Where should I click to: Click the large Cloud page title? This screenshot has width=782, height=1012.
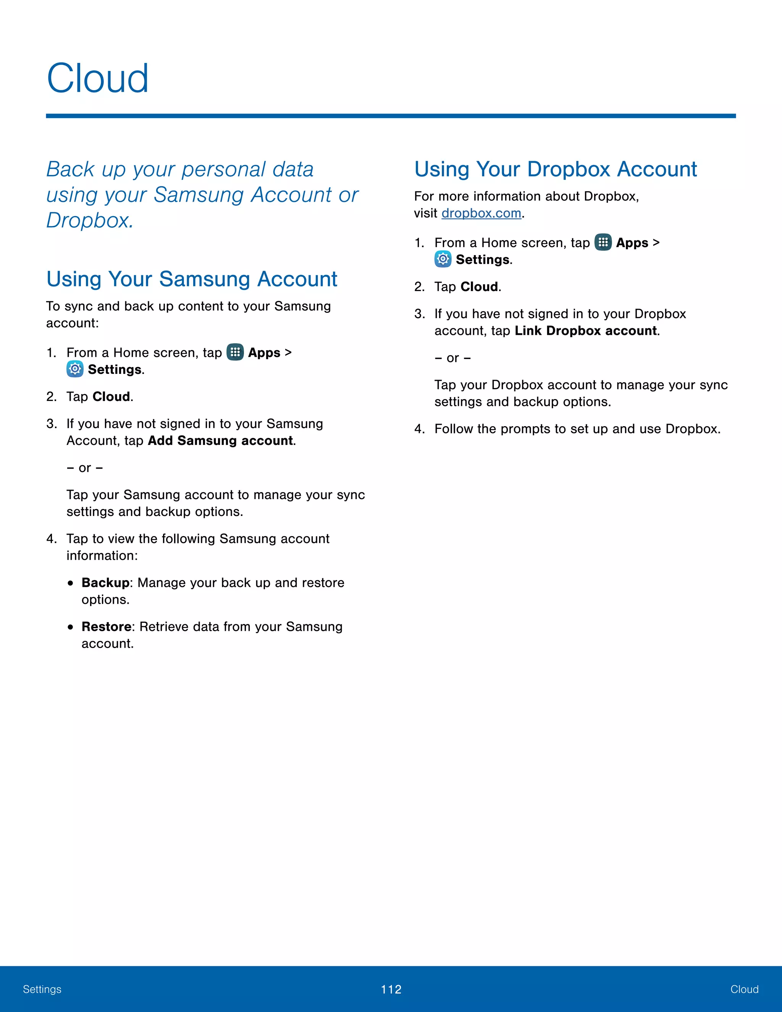[x=98, y=78]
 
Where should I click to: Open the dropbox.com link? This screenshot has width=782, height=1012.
[x=481, y=213]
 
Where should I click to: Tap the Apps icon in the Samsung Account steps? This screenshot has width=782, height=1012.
[x=235, y=352]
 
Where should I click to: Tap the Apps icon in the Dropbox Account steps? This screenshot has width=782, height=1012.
[x=603, y=242]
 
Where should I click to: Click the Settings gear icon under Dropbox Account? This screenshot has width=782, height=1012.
[x=443, y=259]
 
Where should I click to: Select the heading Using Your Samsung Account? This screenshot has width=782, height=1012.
[x=192, y=279]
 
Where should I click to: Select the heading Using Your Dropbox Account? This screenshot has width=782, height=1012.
[x=556, y=169]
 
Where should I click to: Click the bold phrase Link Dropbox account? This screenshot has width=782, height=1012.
[x=586, y=331]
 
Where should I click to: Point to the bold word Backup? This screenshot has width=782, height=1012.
[x=105, y=583]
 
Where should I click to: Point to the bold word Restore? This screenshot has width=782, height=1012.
[x=107, y=627]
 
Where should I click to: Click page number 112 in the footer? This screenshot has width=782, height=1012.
[x=391, y=990]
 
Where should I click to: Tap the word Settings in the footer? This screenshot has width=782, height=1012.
[x=42, y=990]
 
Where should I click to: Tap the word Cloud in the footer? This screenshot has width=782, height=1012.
[x=744, y=990]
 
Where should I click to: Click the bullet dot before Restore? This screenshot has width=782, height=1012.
[x=70, y=627]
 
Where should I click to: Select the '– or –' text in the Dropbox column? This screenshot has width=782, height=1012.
[x=452, y=358]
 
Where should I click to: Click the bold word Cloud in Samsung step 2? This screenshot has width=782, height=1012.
[x=111, y=397]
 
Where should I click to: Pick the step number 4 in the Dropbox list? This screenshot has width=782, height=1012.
[x=419, y=429]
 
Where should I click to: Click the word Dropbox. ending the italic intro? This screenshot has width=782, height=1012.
[x=90, y=220]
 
